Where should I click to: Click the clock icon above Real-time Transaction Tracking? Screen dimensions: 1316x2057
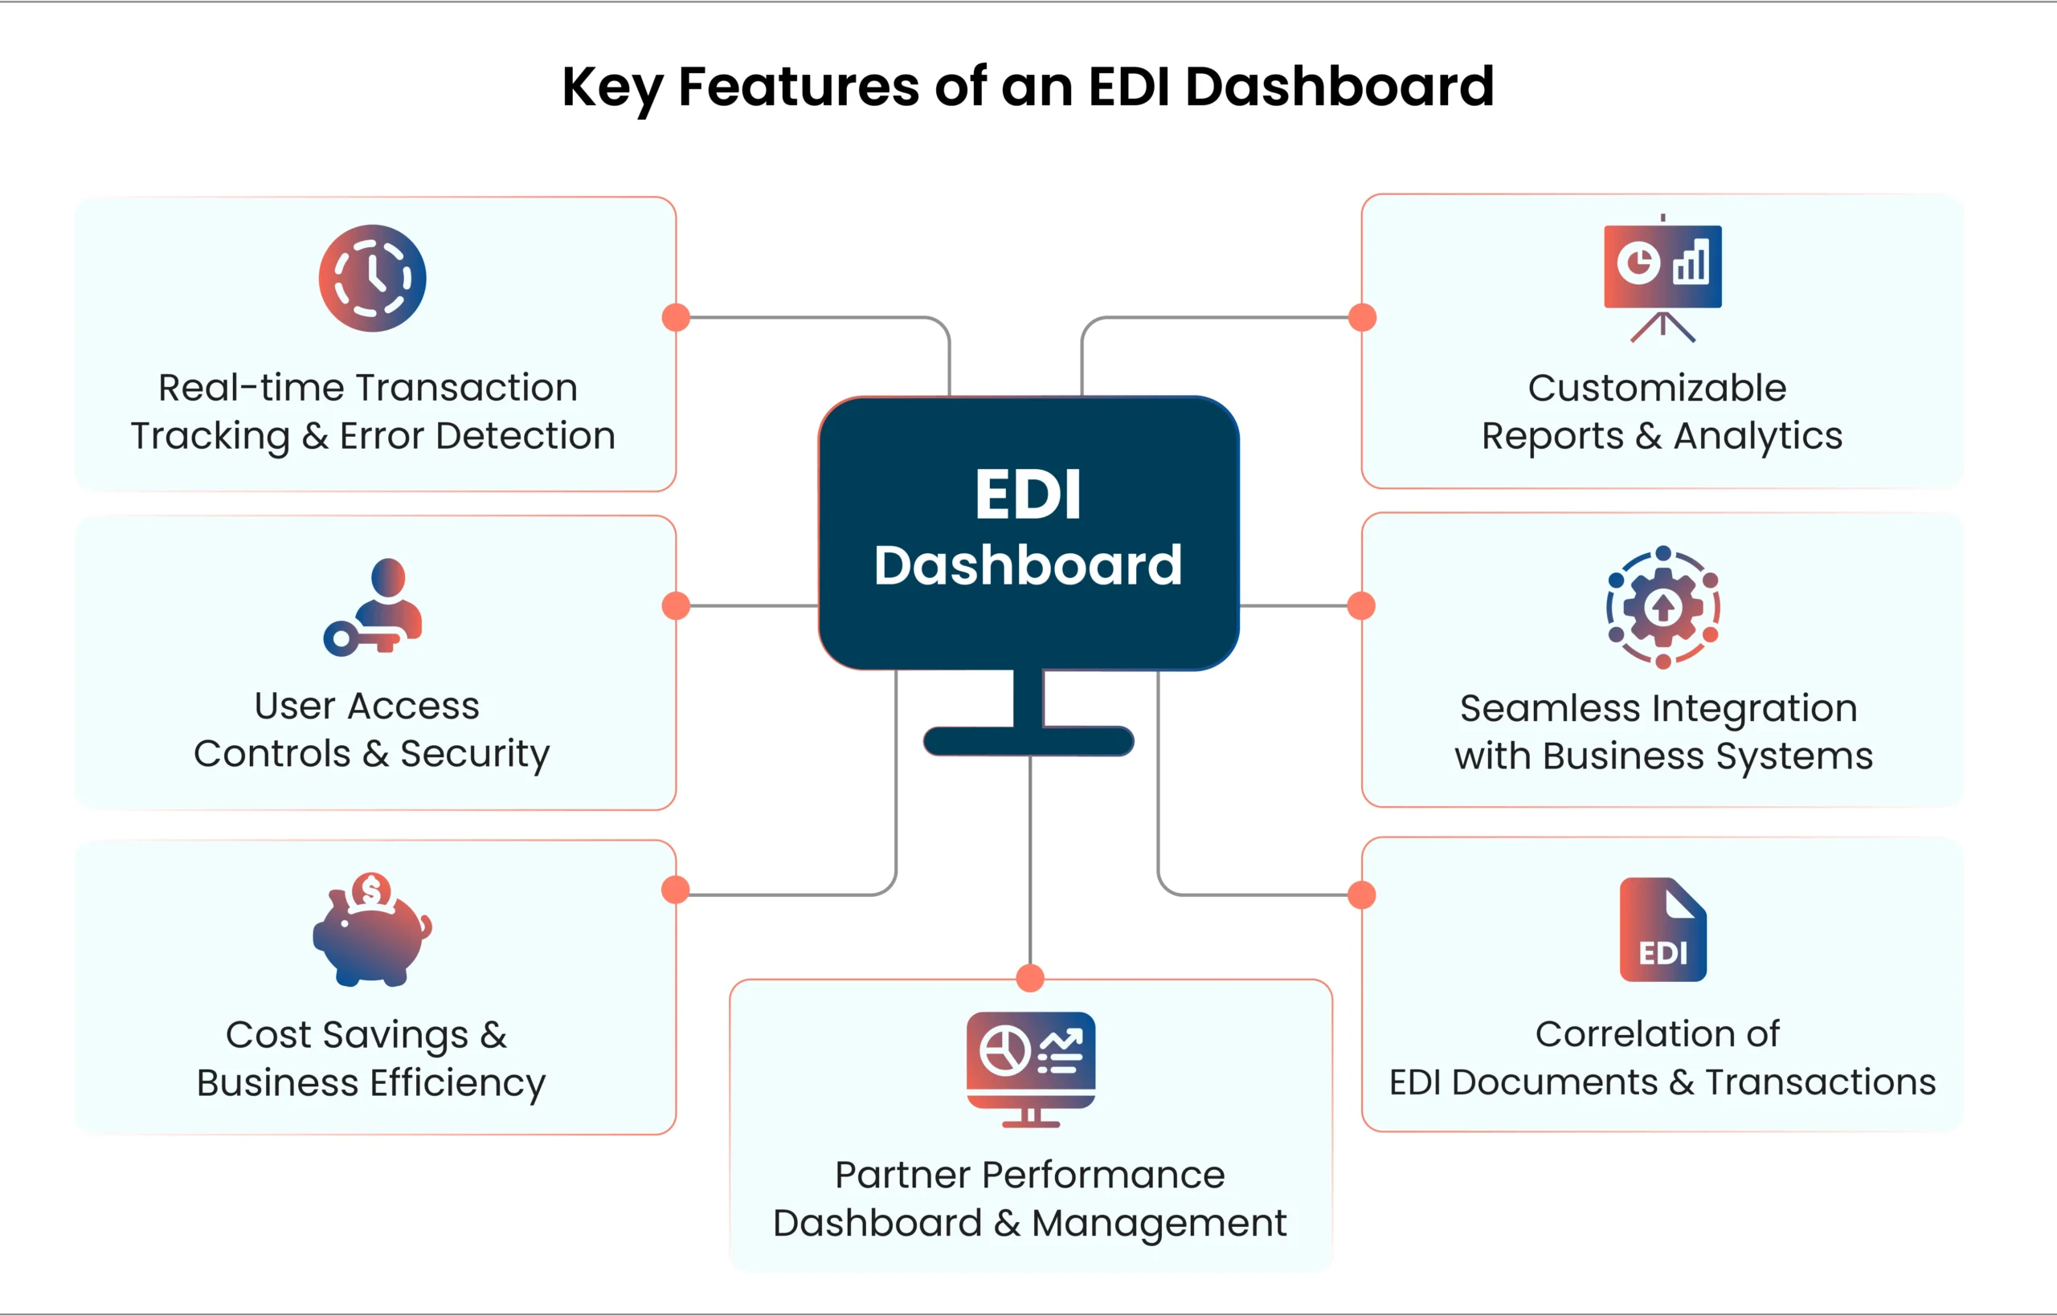point(372,278)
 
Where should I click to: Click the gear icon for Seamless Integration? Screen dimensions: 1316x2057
point(1662,607)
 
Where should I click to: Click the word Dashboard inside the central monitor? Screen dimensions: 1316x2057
point(1028,566)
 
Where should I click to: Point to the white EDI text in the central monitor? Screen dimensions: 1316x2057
point(1028,495)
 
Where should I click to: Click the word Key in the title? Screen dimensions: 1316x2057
point(611,88)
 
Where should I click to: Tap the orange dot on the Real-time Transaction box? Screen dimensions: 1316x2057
point(676,317)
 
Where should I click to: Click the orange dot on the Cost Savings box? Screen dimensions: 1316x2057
point(676,890)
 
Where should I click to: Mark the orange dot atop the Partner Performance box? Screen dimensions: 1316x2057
point(1030,978)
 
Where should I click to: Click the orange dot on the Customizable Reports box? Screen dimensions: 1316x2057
point(1362,317)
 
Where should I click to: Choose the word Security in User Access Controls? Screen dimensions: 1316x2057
point(475,755)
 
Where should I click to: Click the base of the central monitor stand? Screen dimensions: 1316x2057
point(1028,741)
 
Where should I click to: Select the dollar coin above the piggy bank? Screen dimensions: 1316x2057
point(371,890)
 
